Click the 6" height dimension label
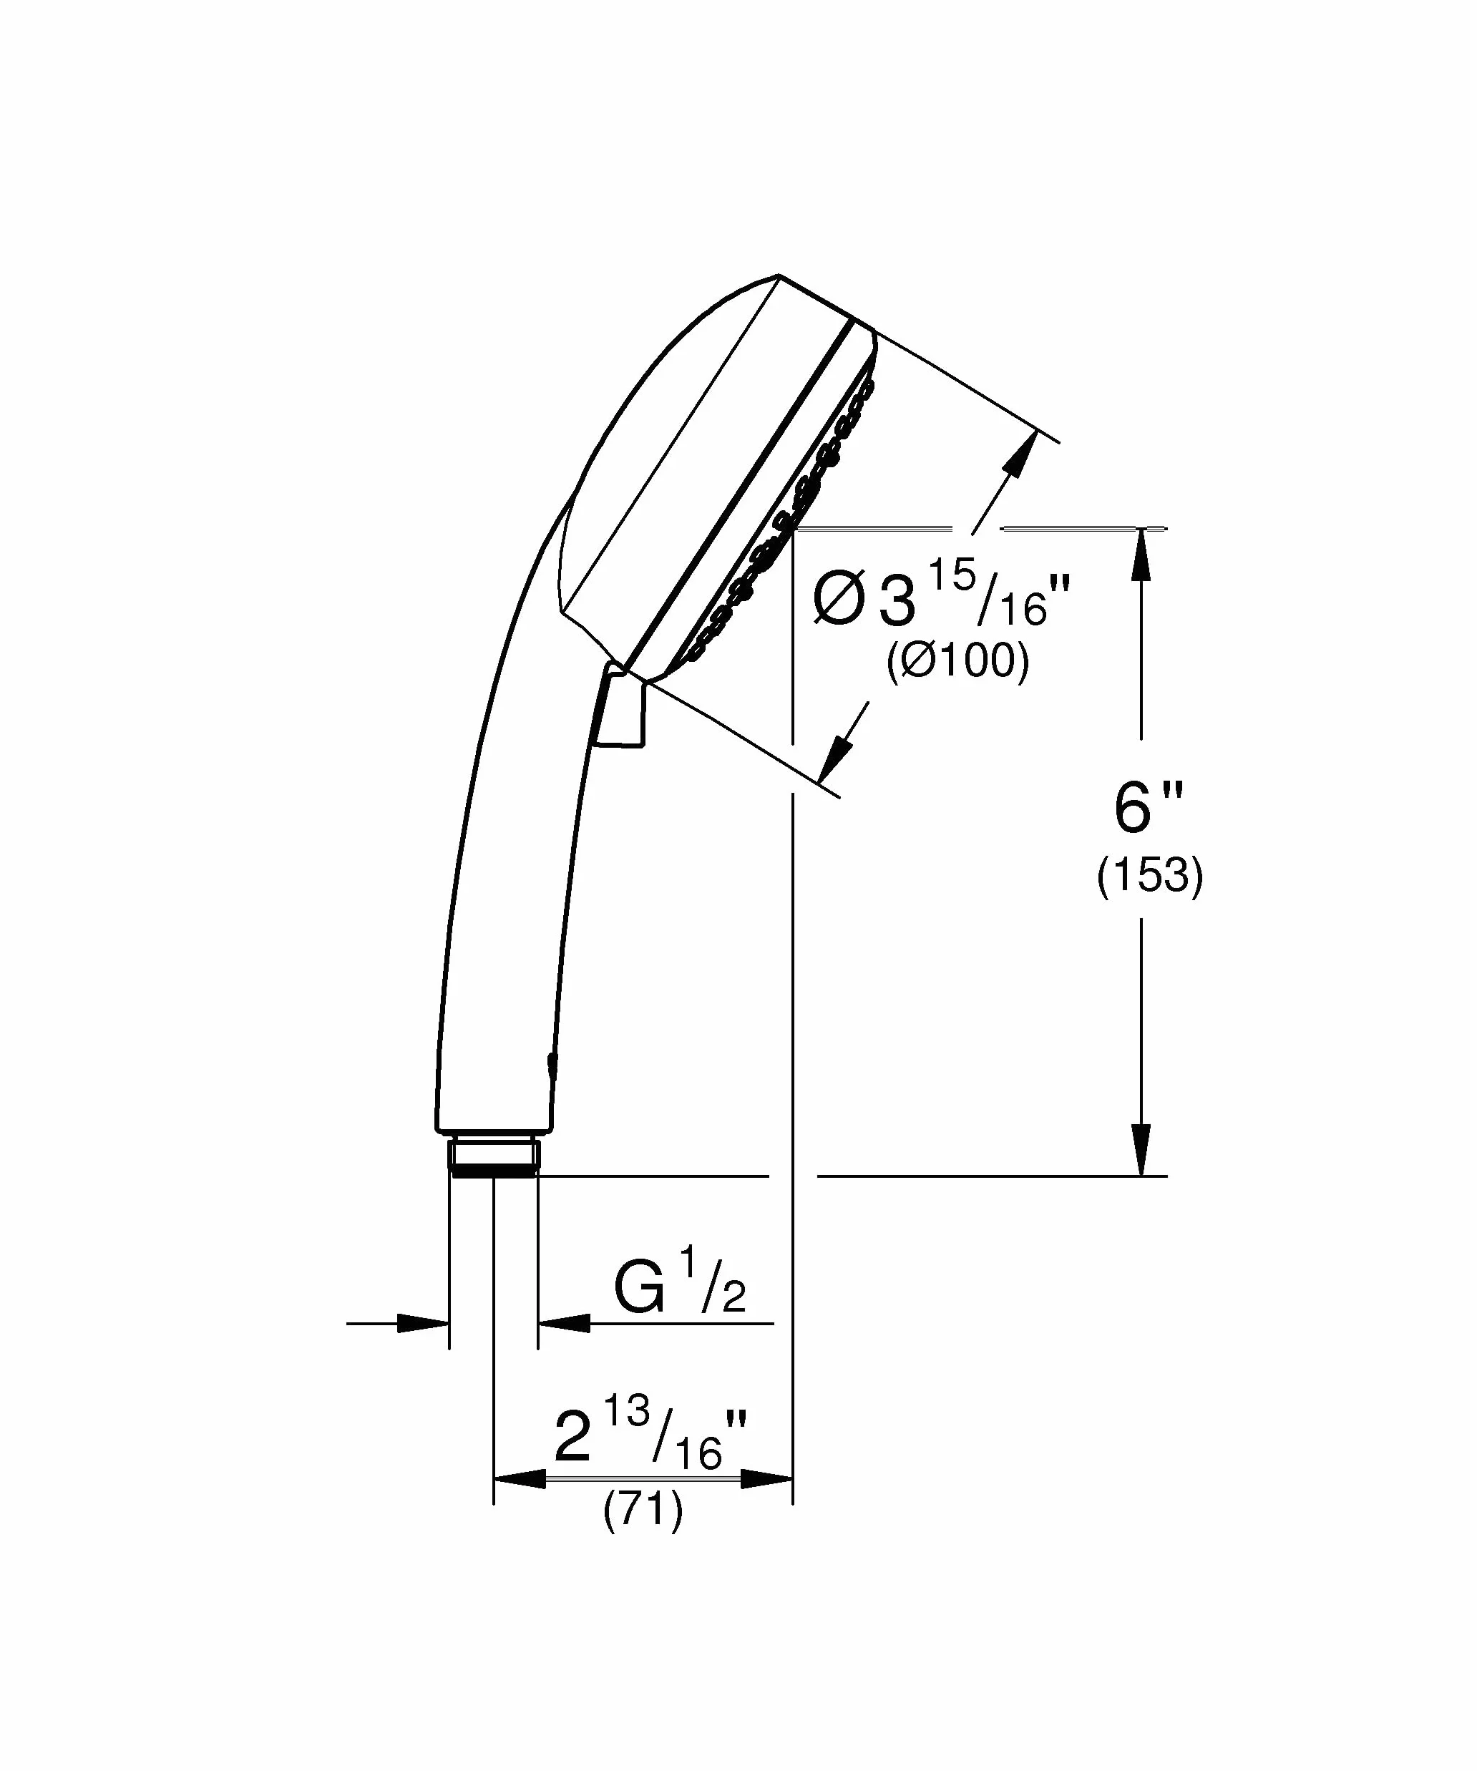point(1148,808)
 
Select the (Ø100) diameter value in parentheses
point(957,662)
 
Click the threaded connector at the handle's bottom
point(494,1156)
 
